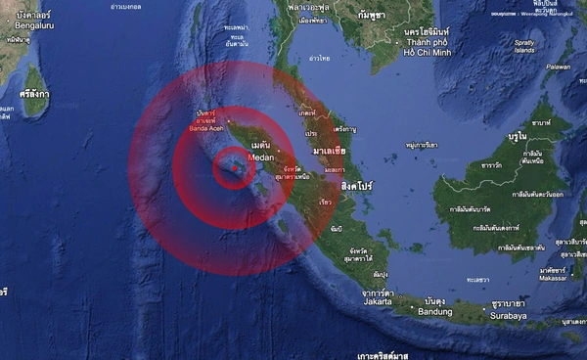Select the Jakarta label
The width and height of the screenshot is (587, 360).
(x=376, y=302)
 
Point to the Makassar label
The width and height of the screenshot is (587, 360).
(x=554, y=277)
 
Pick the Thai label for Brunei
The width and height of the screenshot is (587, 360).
(x=514, y=139)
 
